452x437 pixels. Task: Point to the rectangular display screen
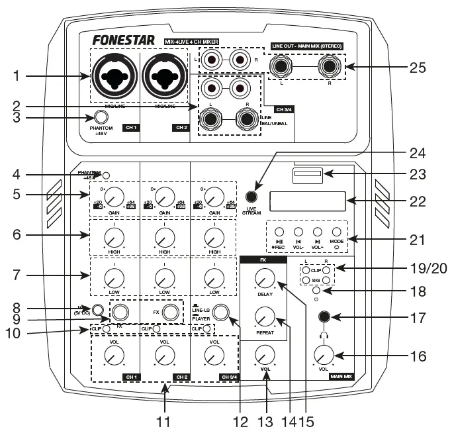tap(307, 201)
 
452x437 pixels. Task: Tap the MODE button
tap(336, 232)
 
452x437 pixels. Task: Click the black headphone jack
tap(324, 318)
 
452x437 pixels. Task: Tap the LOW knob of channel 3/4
tap(214, 275)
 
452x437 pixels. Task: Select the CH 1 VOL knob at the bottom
tap(114, 356)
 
